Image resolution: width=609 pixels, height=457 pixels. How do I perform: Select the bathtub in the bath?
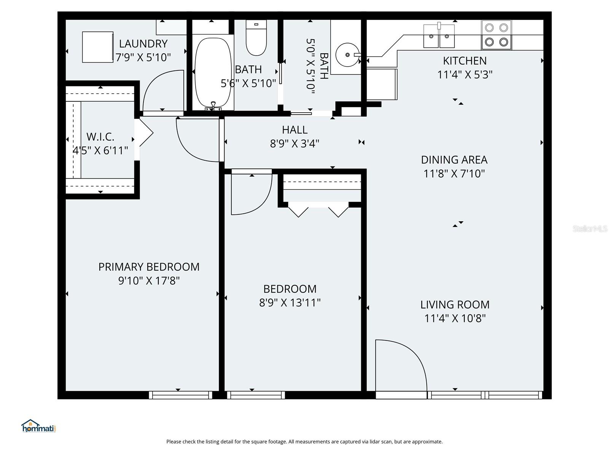tap(213, 72)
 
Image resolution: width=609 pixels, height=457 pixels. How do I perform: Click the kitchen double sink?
tap(439, 36)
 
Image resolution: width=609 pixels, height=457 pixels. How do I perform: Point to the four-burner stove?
tap(496, 35)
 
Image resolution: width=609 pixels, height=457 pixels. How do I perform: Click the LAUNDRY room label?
tap(143, 43)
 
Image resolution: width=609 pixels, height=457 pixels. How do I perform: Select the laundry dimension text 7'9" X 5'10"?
tap(143, 58)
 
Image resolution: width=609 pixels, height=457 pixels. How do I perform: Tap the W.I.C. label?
tap(100, 137)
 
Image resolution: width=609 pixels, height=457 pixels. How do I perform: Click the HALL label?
tap(295, 130)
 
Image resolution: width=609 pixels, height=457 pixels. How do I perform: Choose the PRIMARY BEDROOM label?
tap(149, 267)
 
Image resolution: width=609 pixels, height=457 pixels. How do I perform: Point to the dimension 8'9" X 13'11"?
tap(290, 303)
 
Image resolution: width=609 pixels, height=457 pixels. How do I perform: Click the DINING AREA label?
tap(454, 160)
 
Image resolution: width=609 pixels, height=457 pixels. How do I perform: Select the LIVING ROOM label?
tap(455, 305)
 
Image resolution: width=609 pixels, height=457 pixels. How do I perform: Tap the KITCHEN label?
tap(465, 61)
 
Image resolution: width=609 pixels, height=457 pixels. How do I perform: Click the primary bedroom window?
tap(180, 395)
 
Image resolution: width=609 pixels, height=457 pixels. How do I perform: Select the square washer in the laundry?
tap(98, 47)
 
